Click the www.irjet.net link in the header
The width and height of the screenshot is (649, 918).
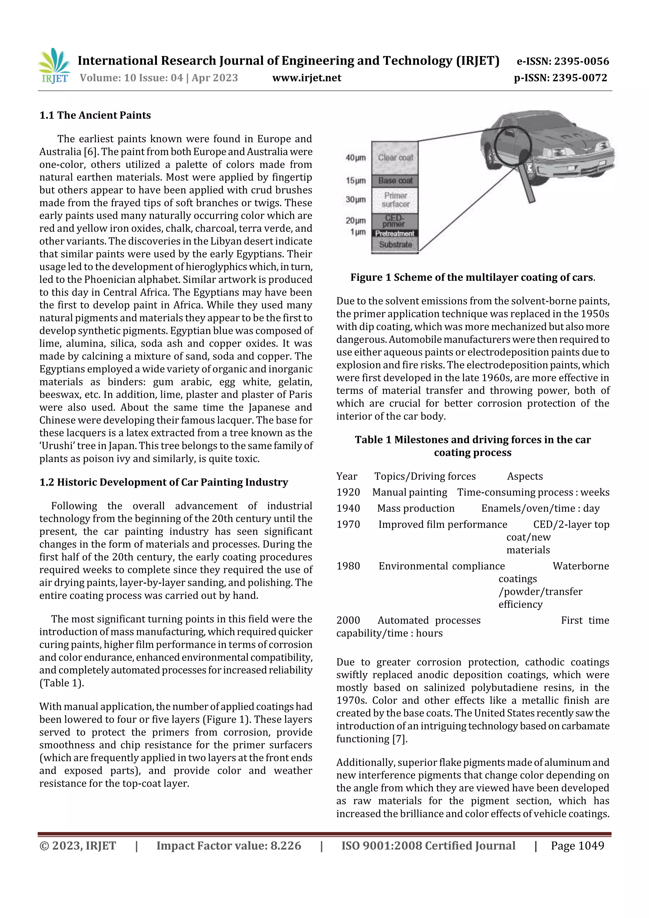point(307,78)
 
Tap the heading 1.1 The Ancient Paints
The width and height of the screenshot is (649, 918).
point(95,115)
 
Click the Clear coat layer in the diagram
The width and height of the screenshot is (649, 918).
point(395,157)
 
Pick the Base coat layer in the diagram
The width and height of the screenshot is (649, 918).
point(395,181)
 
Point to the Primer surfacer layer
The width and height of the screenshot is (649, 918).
point(395,200)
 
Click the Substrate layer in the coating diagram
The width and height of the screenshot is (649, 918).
point(395,244)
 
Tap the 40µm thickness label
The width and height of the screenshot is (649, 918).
point(356,158)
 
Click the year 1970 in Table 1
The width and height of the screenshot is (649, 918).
point(348,524)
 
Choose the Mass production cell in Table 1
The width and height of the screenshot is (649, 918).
point(415,508)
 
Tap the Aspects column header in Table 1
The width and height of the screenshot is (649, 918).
point(525,476)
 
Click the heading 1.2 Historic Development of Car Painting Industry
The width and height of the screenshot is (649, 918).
point(164,482)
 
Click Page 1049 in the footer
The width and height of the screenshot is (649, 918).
point(577,846)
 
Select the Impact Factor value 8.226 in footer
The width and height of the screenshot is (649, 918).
point(229,846)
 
